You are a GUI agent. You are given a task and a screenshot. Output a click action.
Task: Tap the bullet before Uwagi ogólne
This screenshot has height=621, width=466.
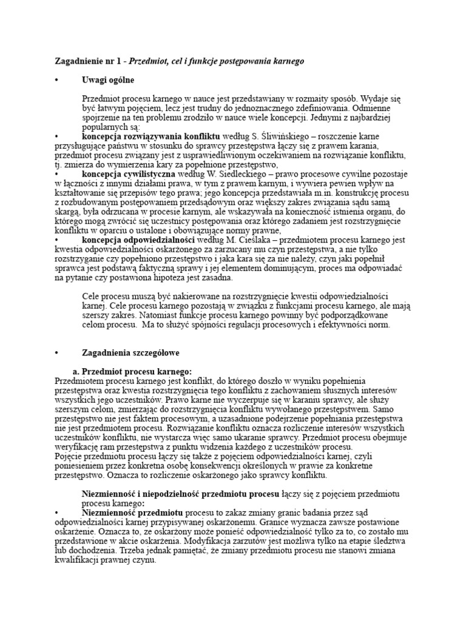pyautogui.click(x=56, y=80)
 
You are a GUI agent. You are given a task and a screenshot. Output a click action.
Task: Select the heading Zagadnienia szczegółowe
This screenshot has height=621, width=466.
pyautogui.click(x=130, y=352)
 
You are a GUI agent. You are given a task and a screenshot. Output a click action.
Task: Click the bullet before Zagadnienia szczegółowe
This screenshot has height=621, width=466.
pyautogui.click(x=56, y=352)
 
